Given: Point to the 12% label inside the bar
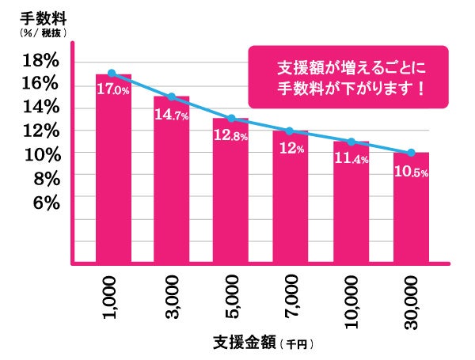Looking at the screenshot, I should coord(290,149).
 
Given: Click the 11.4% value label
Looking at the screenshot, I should coord(351,159).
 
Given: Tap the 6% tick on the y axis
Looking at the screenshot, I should coord(46,203).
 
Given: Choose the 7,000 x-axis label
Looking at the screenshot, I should coord(290,296).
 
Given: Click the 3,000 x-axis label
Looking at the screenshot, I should coord(171,296).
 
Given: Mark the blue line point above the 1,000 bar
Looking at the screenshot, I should coord(112,73).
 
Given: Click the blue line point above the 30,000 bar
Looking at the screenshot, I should coord(410,153).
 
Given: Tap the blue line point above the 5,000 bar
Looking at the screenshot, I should coord(230,119).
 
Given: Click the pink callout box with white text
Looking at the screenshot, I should coord(348,76).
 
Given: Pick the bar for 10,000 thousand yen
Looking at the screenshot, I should coord(351,214).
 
